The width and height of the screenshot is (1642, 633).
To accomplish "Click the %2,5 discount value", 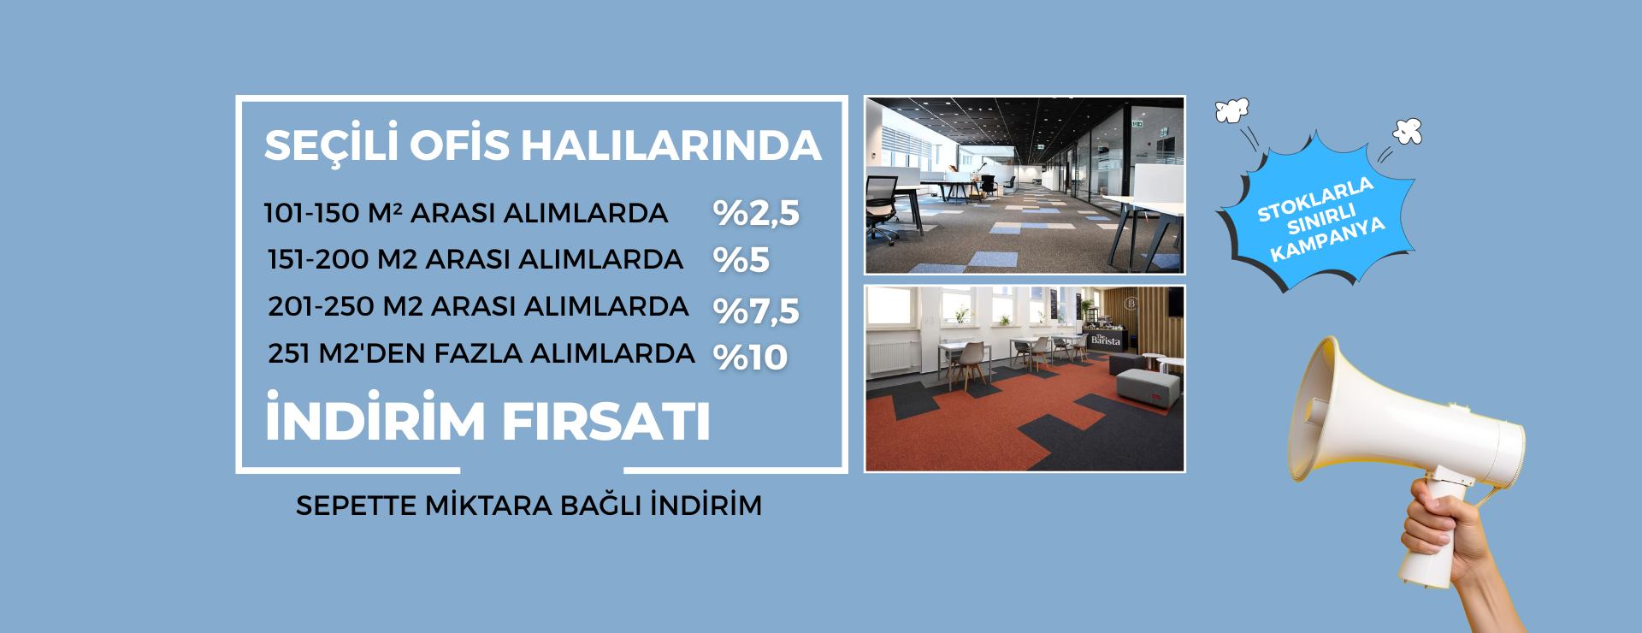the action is pos(756,213).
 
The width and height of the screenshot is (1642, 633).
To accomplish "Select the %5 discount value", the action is pos(741,260).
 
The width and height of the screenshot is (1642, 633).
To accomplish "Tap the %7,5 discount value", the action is pos(756,311).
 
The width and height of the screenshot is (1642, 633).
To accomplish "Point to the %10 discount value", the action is pos(750,358).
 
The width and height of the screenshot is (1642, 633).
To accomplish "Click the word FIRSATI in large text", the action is pos(605,422).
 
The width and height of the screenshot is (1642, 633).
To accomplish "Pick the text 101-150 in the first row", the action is pos(311,213).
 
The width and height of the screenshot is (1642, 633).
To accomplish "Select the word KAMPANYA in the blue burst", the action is pos(1327,240).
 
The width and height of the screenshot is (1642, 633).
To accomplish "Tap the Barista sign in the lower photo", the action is pos(1105,340).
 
